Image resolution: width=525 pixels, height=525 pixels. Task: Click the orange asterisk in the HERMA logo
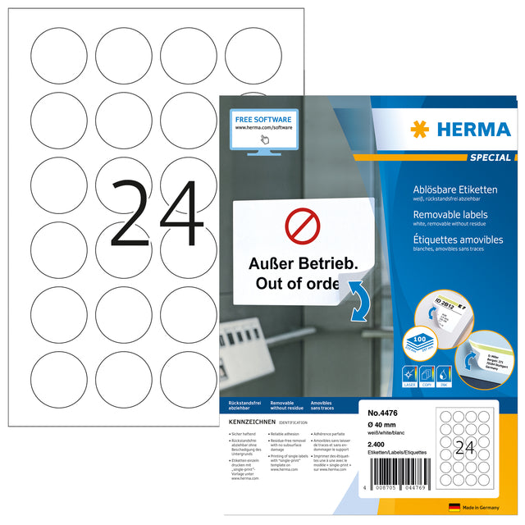click(x=421, y=129)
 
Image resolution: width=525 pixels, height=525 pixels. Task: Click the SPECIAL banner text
click(x=489, y=157)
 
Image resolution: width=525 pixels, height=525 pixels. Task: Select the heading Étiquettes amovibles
click(x=457, y=235)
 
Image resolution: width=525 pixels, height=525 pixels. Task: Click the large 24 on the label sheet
click(x=156, y=216)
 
